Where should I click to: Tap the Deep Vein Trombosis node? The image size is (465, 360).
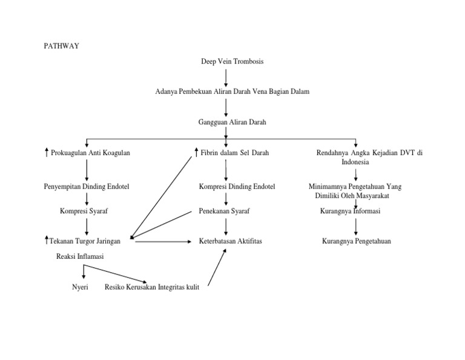(232, 62)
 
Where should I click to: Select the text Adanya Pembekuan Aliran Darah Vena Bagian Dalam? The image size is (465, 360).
(232, 92)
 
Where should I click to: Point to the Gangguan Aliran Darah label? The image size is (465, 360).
(232, 122)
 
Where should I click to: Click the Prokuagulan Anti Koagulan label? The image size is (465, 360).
(91, 153)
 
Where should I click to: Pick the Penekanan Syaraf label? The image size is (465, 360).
(225, 211)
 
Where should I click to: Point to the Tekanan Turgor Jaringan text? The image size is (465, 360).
(86, 241)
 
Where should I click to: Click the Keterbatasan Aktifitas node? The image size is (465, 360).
(231, 241)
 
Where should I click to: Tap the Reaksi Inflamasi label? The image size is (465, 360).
(79, 257)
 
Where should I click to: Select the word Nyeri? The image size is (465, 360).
(80, 287)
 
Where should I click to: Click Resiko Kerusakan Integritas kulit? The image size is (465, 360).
(152, 287)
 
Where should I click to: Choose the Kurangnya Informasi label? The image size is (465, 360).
(351, 211)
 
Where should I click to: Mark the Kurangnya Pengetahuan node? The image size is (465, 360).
(356, 241)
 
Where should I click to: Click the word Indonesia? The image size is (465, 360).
(355, 162)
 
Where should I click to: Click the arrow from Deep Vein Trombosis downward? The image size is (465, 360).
(226, 77)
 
